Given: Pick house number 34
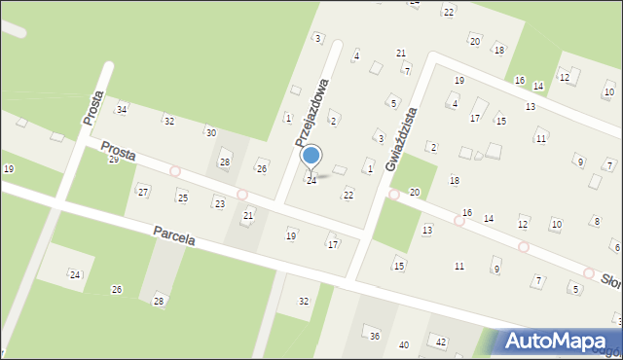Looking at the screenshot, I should coord(122,109).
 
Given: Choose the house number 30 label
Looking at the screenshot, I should coord(210,131).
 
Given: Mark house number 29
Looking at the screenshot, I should coord(113,159).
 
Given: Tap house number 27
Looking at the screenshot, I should coord(143,192).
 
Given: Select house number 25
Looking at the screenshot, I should coord(182,198).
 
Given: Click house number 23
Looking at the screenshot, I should coord(220,203).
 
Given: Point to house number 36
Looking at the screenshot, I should coord(374,336).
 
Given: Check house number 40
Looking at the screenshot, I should coord(404,345).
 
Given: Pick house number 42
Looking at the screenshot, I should coord(440,342).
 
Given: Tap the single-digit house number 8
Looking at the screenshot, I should coord(596,222).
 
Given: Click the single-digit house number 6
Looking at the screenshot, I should coord(616,247).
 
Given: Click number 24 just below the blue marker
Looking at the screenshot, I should coord(311,180).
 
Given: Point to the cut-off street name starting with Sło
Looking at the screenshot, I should coord(611,280).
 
